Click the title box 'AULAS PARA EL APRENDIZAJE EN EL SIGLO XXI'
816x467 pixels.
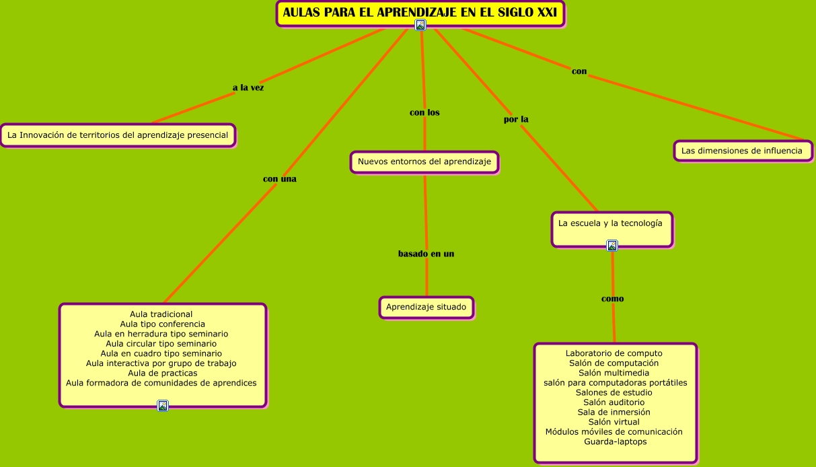420,12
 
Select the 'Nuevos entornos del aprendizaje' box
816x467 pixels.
424,161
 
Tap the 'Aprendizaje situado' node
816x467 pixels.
426,307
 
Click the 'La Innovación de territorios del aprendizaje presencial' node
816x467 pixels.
118,135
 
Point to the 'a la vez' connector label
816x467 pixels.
248,87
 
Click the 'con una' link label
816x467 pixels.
279,179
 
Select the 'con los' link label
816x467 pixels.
424,112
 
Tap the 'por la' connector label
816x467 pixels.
516,119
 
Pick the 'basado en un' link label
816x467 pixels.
426,254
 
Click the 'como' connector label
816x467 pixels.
612,299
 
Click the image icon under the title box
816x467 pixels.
420,25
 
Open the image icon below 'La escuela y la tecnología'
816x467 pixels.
612,246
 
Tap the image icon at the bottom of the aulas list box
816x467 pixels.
163,406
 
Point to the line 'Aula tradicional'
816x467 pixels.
161,314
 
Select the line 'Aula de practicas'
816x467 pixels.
162,373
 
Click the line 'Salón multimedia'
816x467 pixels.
614,373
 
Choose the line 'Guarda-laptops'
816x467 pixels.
615,441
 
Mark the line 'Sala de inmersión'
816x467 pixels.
614,412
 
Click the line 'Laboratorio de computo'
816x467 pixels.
614,353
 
